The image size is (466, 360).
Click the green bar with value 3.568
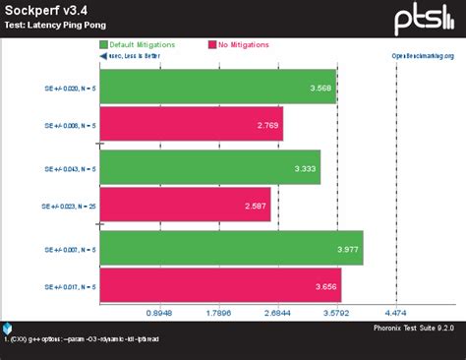(217, 86)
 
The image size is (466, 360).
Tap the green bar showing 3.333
(210, 168)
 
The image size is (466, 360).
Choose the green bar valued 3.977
(232, 248)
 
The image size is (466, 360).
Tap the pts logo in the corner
(423, 20)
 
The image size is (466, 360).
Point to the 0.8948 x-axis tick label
(159, 314)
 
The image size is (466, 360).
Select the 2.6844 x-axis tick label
(277, 314)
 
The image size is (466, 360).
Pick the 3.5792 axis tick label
(336, 314)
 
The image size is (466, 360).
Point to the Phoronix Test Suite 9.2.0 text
(414, 327)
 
